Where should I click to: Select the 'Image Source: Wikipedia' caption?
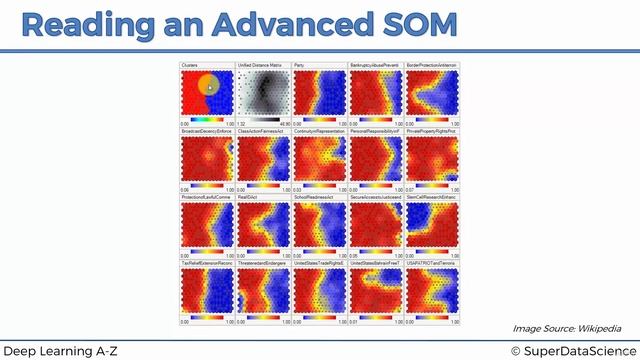(x=566, y=327)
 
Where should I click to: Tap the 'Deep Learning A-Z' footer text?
(x=59, y=349)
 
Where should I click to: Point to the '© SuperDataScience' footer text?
(x=571, y=349)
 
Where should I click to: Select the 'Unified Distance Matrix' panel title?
(x=259, y=64)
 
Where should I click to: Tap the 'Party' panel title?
(x=300, y=64)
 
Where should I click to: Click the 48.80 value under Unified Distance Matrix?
(x=283, y=123)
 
